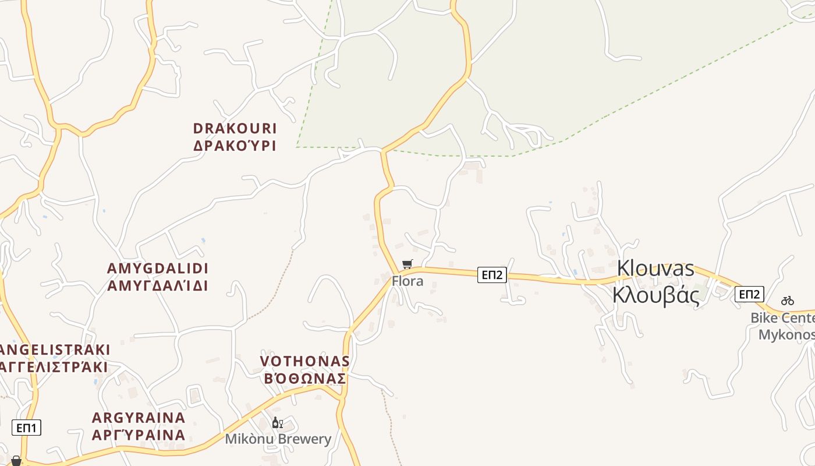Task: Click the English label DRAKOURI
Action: (x=235, y=128)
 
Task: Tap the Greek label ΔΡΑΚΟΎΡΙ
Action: (x=235, y=146)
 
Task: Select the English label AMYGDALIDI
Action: (x=158, y=269)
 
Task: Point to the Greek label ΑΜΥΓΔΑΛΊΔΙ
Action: (x=158, y=285)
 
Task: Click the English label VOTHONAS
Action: (x=305, y=361)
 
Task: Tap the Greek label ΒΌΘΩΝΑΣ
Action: (x=305, y=379)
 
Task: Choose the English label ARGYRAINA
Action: (x=139, y=418)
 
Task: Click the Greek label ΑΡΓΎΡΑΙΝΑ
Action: (x=139, y=435)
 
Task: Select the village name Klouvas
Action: (x=655, y=269)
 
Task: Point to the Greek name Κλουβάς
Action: (x=655, y=295)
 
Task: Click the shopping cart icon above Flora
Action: (x=408, y=264)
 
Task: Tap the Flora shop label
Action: (x=408, y=281)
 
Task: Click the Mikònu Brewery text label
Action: (x=278, y=439)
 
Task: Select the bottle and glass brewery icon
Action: (x=278, y=422)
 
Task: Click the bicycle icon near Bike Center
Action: (x=788, y=301)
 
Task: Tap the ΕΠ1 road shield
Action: (x=26, y=428)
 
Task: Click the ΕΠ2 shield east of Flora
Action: (x=492, y=275)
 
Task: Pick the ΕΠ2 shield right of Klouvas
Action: (x=749, y=294)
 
